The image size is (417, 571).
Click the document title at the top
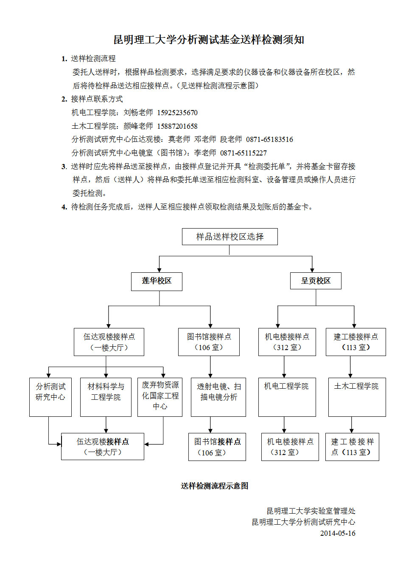click(x=209, y=40)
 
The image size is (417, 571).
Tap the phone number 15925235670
click(x=177, y=113)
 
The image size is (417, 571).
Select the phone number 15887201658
click(x=177, y=126)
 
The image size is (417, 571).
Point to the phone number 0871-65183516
click(x=269, y=139)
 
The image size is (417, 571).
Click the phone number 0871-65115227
click(x=243, y=153)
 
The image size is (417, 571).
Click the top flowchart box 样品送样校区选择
click(x=229, y=237)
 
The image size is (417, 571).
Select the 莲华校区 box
click(x=157, y=281)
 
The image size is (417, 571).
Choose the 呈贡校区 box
click(x=316, y=281)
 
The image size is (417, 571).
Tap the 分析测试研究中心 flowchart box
click(x=50, y=397)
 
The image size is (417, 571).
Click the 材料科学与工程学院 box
click(x=106, y=397)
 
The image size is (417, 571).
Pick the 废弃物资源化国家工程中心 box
click(x=160, y=397)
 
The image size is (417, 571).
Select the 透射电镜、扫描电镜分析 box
click(x=218, y=397)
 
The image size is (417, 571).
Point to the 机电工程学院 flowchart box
click(x=287, y=397)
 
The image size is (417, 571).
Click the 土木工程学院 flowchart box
click(x=357, y=397)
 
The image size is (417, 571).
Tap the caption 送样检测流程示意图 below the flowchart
click(x=214, y=486)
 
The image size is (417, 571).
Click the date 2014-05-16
click(x=338, y=533)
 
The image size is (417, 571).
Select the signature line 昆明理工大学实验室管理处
click(x=311, y=511)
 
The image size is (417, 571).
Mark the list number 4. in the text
click(x=64, y=207)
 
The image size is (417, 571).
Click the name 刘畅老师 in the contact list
click(x=138, y=113)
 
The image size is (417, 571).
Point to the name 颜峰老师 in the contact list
click(x=138, y=126)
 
